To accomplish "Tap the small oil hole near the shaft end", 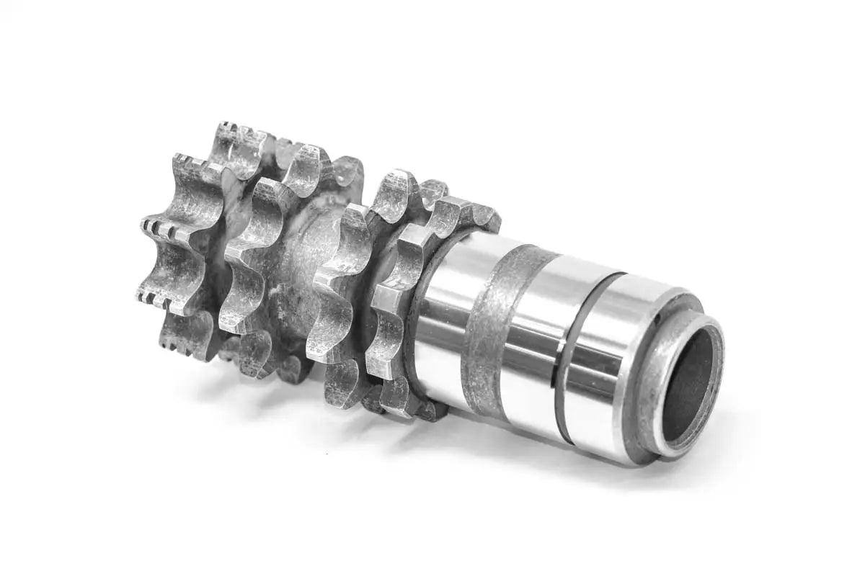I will point(662,314).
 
